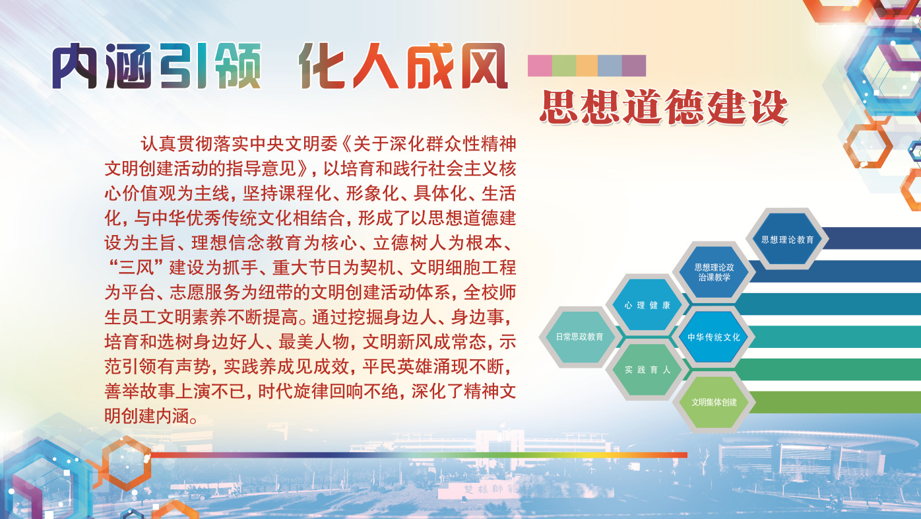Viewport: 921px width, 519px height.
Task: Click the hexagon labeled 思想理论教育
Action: click(x=787, y=239)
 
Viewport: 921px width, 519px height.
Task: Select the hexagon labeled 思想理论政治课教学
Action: click(x=714, y=272)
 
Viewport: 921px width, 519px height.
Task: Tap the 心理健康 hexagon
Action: click(x=647, y=305)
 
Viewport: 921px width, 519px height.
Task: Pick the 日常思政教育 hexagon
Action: click(x=580, y=337)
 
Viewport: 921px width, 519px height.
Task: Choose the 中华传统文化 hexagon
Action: click(x=714, y=337)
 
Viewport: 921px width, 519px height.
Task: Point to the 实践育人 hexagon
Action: click(x=647, y=370)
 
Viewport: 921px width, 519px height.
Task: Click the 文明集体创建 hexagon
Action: click(x=714, y=402)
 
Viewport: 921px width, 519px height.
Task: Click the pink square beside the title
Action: click(x=540, y=65)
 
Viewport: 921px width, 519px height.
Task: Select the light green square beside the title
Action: click(x=563, y=65)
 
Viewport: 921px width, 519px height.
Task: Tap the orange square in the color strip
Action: click(x=587, y=65)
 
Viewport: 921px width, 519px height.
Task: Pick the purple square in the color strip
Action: click(x=633, y=65)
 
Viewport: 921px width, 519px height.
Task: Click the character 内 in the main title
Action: click(x=75, y=66)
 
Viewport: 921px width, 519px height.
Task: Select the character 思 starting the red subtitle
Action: click(x=558, y=107)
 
